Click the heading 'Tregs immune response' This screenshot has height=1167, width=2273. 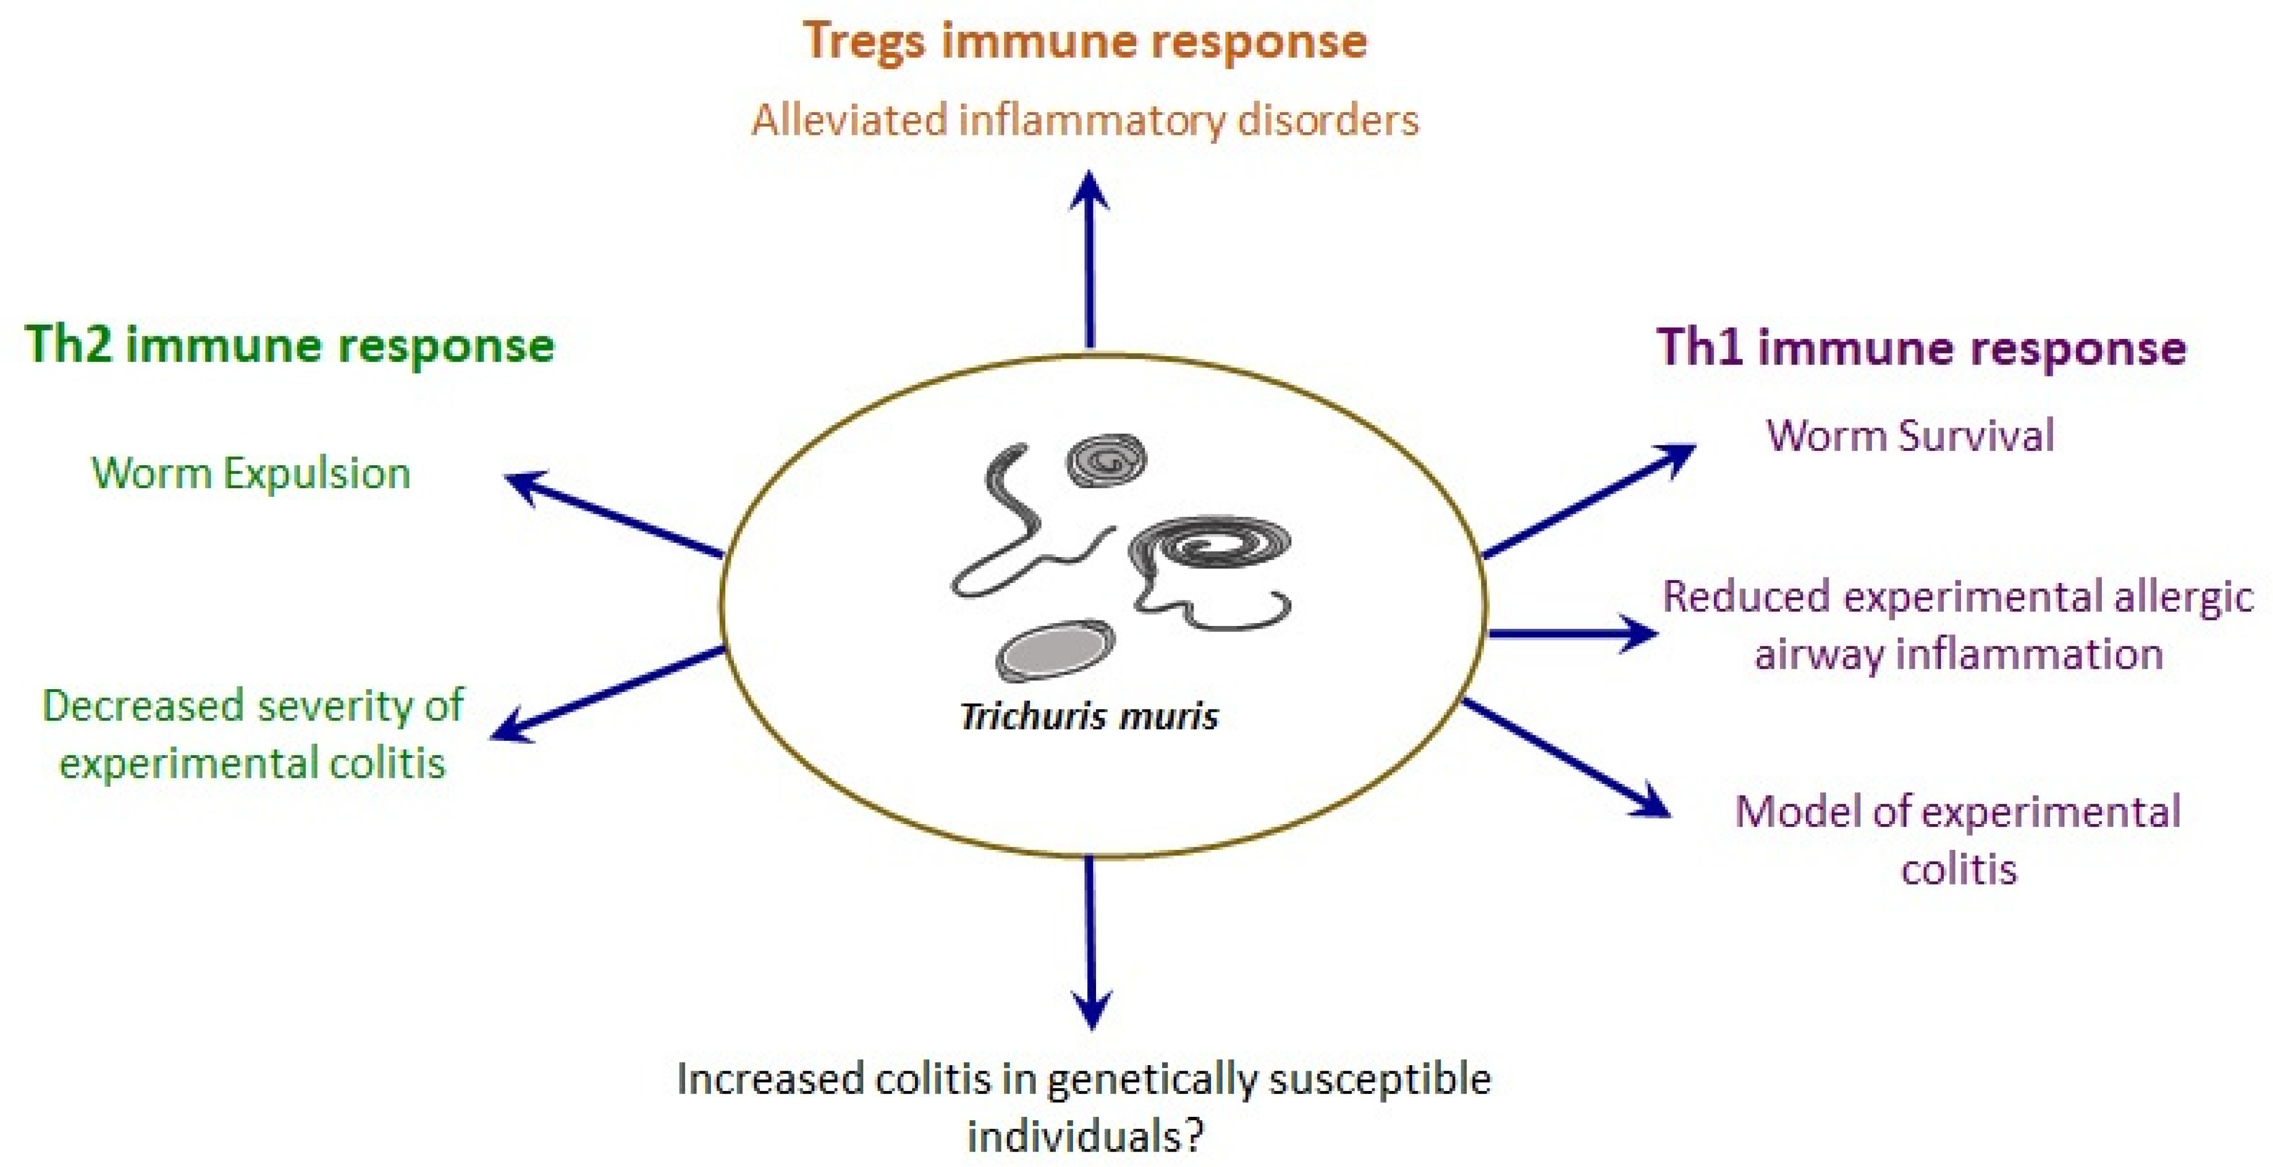tap(1085, 41)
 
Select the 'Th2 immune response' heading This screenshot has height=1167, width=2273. tap(289, 344)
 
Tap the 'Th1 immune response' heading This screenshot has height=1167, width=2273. tap(1921, 347)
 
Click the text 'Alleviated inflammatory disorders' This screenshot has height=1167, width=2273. tap(1085, 120)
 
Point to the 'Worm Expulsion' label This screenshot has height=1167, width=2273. tap(251, 474)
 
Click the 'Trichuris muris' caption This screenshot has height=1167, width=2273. tap(1089, 716)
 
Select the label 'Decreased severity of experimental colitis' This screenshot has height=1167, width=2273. tap(253, 734)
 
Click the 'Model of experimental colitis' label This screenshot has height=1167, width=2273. tap(1958, 839)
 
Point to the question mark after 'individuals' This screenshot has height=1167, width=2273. tap(1194, 1136)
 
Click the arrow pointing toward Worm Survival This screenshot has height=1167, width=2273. tap(1589, 500)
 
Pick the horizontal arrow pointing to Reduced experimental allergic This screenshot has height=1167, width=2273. tap(1570, 633)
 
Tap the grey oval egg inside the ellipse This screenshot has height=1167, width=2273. tap(1054, 651)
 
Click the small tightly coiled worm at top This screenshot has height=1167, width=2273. tap(1107, 460)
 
